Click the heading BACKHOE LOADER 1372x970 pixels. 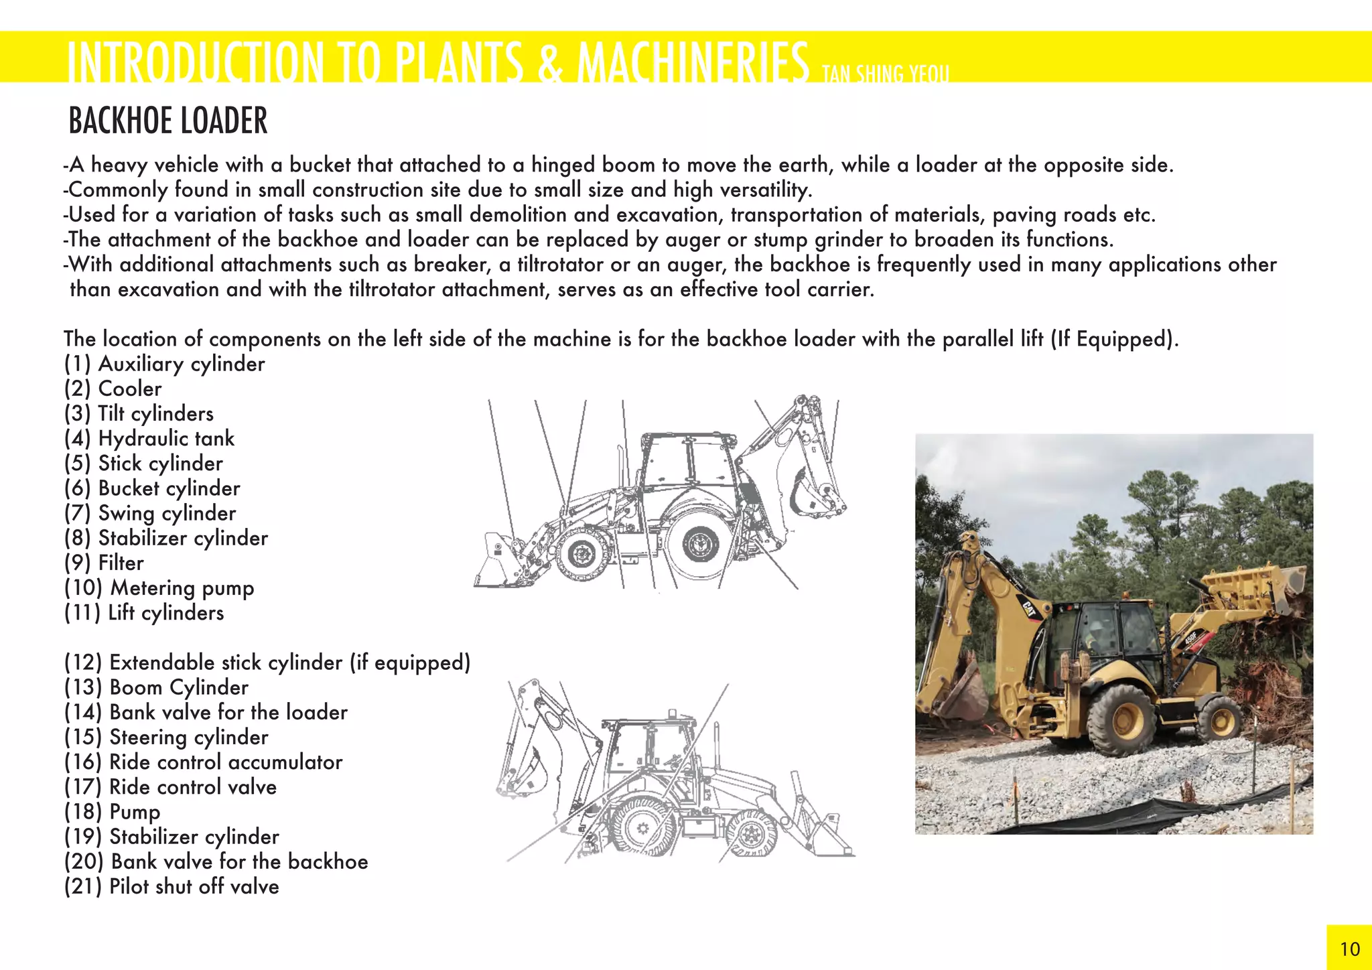tap(168, 121)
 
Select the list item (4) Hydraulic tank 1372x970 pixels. tap(149, 439)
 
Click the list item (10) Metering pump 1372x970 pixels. tap(159, 588)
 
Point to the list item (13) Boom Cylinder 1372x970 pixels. tap(156, 687)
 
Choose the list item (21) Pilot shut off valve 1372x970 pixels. tap(171, 886)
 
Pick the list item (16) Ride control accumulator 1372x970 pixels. tap(203, 762)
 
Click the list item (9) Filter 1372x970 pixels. tap(104, 563)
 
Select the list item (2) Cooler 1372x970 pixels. tap(113, 389)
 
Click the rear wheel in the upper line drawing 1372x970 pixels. tap(700, 543)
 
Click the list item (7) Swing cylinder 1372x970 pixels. tap(150, 514)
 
